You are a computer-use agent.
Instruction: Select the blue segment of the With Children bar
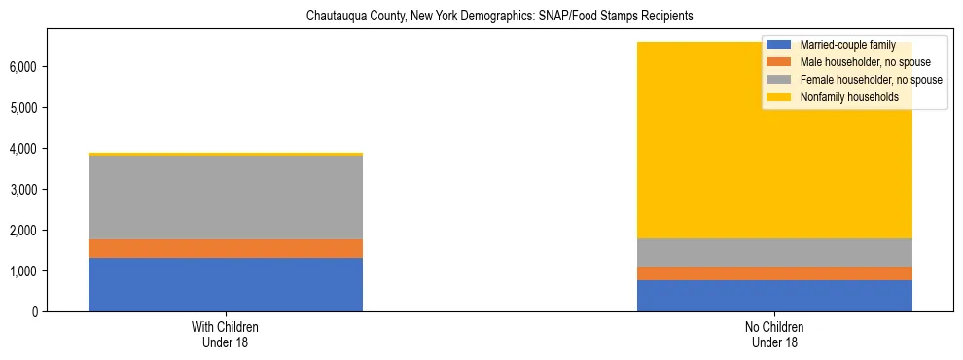click(226, 284)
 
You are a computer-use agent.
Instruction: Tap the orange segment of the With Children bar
click(226, 248)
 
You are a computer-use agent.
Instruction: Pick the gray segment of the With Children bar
click(226, 198)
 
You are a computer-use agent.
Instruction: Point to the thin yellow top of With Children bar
click(226, 154)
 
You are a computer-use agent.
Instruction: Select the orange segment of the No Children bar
click(774, 273)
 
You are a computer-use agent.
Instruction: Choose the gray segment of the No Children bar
click(774, 252)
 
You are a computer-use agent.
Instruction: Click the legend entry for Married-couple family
click(846, 45)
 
